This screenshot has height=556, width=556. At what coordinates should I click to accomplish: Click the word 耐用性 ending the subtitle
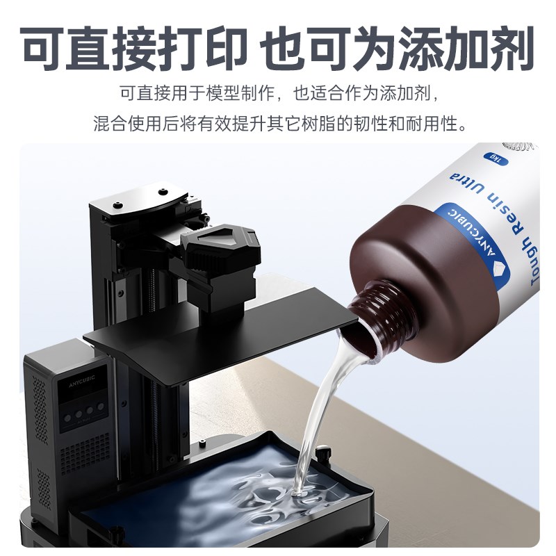[x=439, y=124]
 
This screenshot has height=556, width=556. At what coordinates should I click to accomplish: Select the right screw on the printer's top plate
[x=161, y=190]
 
